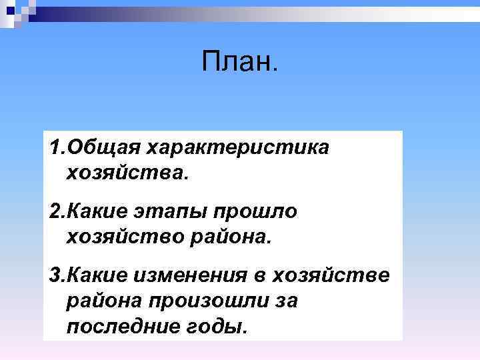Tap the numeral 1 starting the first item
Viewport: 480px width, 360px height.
[53, 146]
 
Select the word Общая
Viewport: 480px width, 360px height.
[103, 146]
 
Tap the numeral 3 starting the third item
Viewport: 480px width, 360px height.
[54, 275]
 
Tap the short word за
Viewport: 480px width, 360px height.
[284, 301]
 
